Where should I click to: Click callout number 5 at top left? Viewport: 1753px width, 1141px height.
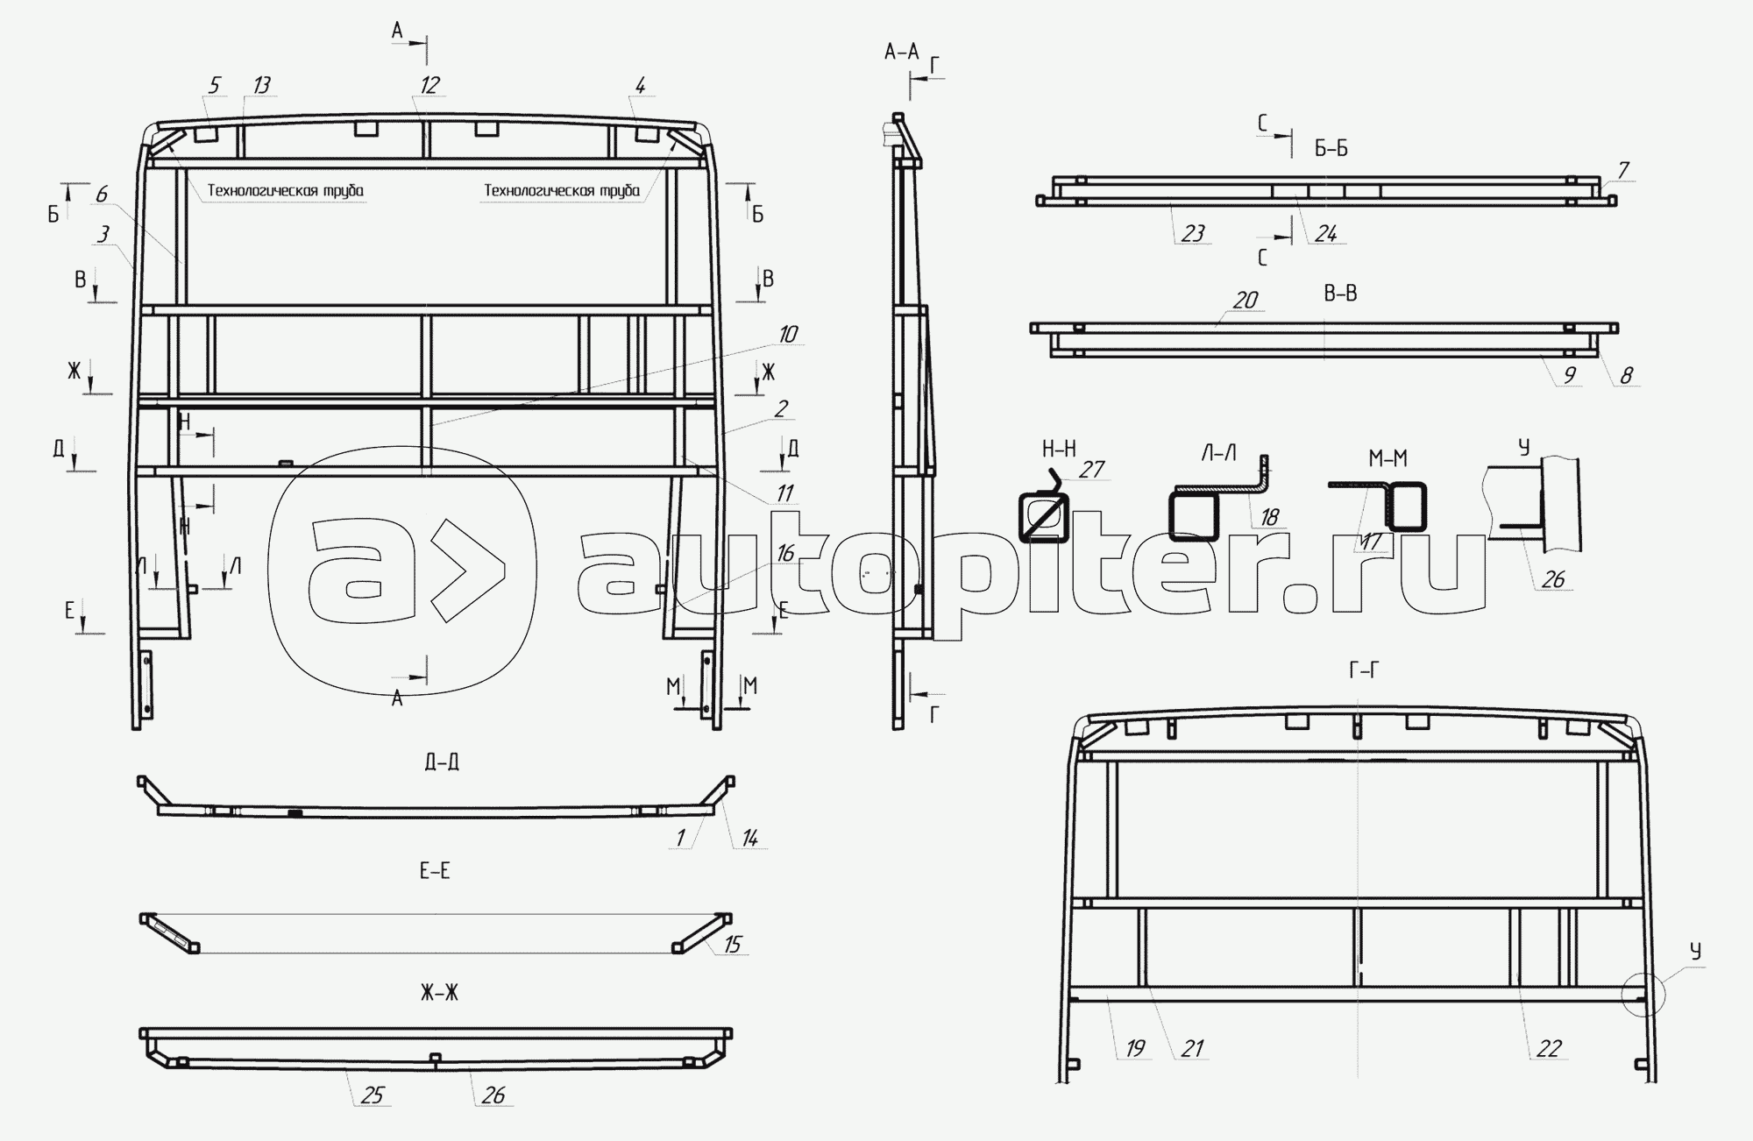pos(214,85)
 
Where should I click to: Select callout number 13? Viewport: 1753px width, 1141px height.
pos(261,85)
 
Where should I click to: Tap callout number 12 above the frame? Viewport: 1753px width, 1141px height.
pos(429,85)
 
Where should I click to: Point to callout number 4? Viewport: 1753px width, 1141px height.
pos(641,85)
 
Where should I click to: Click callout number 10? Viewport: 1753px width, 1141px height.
pos(787,334)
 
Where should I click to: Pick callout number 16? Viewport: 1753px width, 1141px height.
pos(784,553)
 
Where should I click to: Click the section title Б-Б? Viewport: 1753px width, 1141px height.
pos(1331,149)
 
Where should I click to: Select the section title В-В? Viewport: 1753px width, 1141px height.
pos(1340,294)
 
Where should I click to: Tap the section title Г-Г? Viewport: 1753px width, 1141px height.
pos(1364,671)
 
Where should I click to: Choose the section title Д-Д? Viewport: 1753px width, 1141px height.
pos(442,762)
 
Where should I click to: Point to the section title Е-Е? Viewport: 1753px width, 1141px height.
pos(435,871)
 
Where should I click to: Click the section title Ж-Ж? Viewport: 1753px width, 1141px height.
pos(439,993)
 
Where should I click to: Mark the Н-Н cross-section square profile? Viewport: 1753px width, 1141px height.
pos(1044,517)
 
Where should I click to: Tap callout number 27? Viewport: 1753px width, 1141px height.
pos(1091,471)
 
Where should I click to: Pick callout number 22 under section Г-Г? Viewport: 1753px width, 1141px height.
pos(1549,1048)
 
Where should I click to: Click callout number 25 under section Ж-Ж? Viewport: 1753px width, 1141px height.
pos(372,1095)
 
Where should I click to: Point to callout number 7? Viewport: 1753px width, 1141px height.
pos(1622,170)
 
